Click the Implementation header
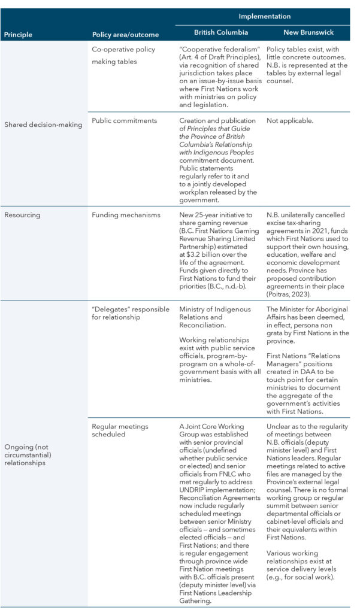(265, 16)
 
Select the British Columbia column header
(221, 32)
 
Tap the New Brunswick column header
(309, 32)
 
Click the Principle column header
(18, 35)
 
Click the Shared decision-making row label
(43, 125)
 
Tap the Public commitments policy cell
(125, 120)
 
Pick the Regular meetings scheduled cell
(120, 430)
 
